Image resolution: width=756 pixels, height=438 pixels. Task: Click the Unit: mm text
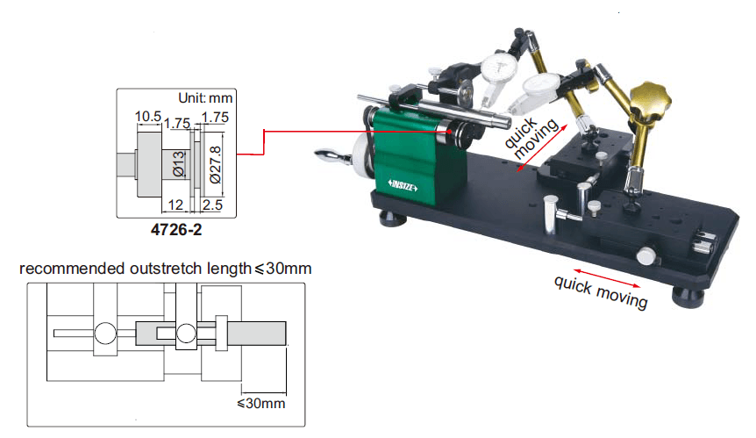[x=205, y=98]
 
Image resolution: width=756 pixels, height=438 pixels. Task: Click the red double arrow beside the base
[x=606, y=269]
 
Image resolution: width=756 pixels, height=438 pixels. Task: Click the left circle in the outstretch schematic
[x=105, y=333]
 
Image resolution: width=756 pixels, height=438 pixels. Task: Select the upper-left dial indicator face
[x=496, y=70]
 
